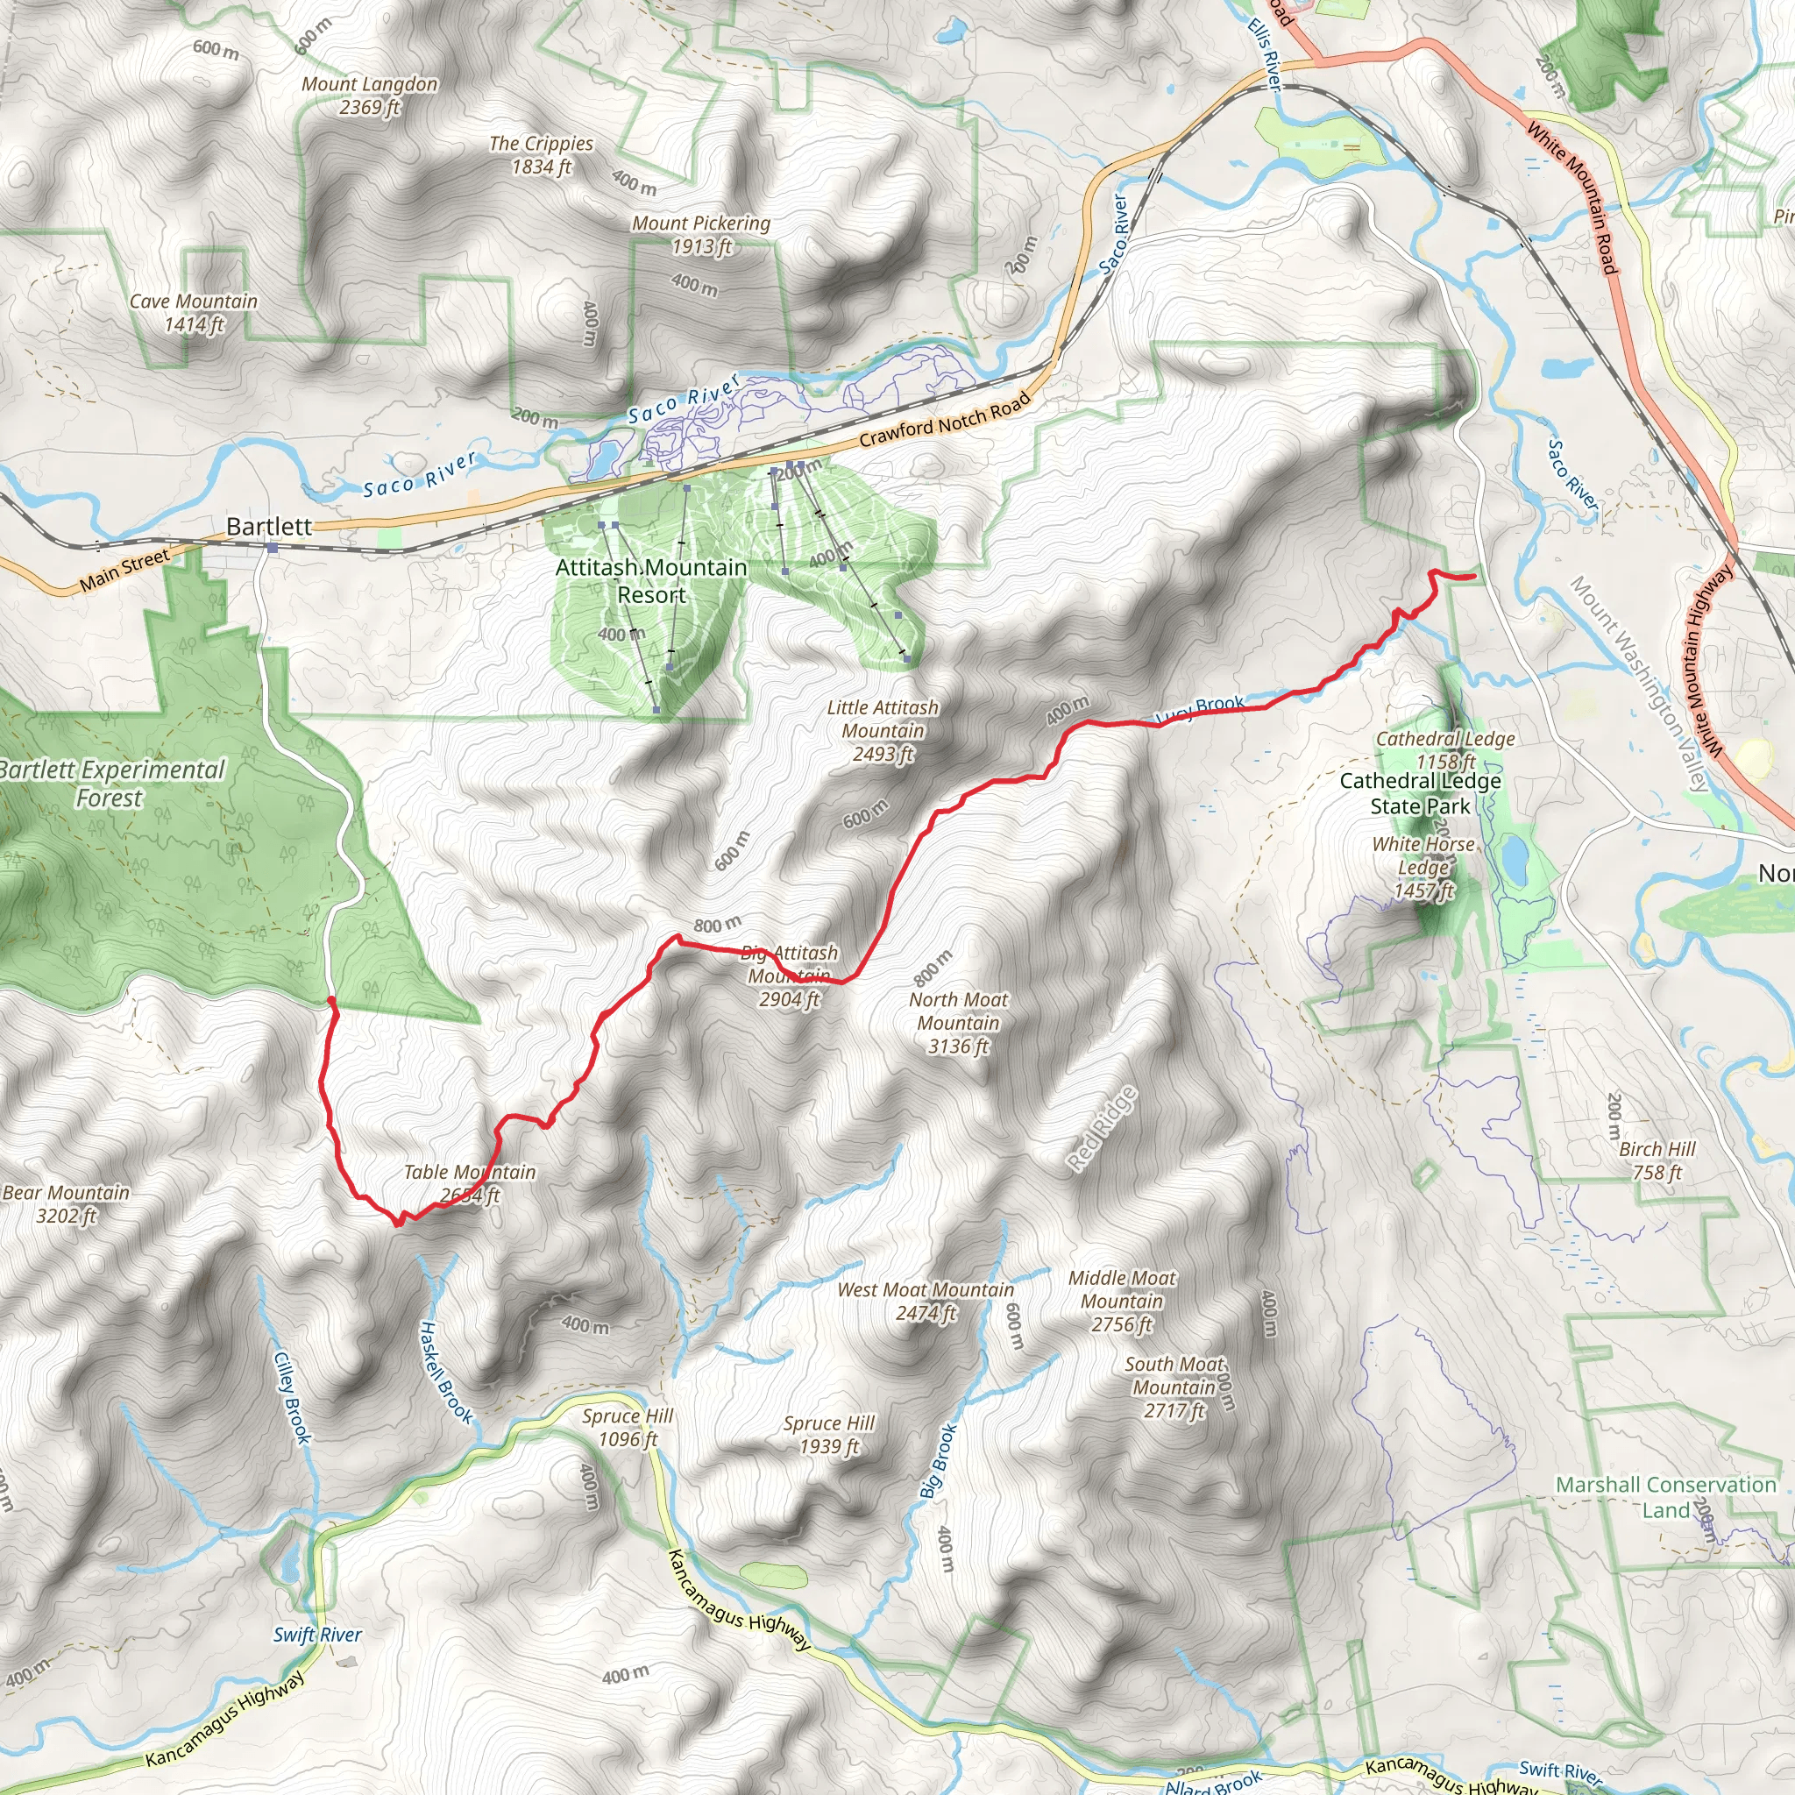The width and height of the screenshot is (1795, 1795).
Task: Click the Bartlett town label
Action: point(268,527)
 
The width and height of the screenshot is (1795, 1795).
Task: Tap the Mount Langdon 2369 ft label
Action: point(369,96)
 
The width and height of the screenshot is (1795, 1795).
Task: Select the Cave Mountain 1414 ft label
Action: point(193,313)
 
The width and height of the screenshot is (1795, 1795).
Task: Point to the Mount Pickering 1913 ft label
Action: point(701,235)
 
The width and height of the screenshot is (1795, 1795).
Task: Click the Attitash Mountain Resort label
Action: point(651,581)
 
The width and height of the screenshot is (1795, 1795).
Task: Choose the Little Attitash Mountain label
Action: point(883,731)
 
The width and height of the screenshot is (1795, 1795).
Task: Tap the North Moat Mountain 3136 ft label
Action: point(958,1023)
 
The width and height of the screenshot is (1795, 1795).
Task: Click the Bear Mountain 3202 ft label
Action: point(66,1204)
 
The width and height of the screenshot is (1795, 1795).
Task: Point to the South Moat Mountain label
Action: point(1174,1387)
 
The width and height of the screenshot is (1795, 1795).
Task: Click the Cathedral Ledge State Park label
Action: point(1420,793)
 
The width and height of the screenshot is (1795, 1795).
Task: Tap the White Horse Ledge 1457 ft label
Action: point(1423,868)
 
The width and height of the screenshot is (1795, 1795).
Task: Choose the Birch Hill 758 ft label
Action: point(1657,1160)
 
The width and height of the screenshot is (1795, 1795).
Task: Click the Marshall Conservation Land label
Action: point(1665,1497)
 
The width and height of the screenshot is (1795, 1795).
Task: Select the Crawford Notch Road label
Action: point(945,419)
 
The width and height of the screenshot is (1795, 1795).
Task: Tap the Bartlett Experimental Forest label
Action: point(111,784)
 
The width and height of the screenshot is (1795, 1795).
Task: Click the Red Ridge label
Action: point(1102,1128)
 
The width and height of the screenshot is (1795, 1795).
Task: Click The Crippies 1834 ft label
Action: point(541,155)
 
